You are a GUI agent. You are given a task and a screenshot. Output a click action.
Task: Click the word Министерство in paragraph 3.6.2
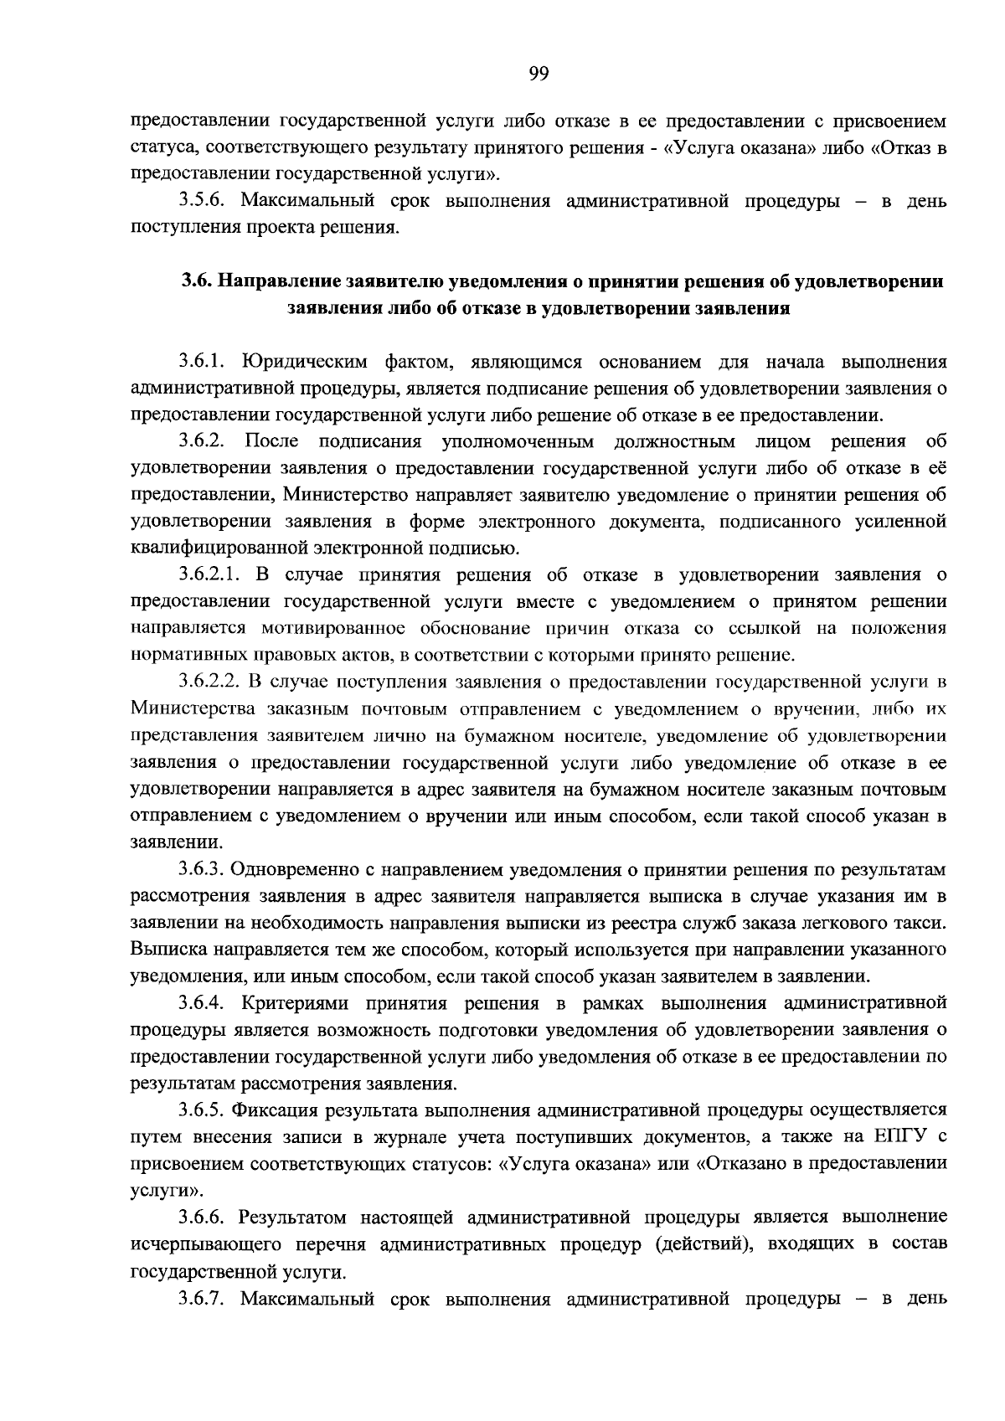pyautogui.click(x=342, y=495)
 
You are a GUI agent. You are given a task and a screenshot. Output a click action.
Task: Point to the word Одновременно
pyautogui.click(x=285, y=870)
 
